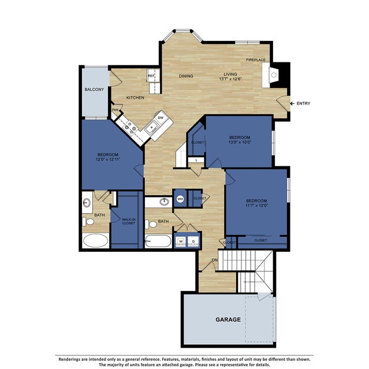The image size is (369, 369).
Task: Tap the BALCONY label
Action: click(x=94, y=90)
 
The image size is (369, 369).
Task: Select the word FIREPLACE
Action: click(x=256, y=59)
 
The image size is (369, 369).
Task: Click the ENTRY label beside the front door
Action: click(x=303, y=104)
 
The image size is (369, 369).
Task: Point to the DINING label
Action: click(x=186, y=76)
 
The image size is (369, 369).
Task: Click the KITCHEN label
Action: click(x=135, y=98)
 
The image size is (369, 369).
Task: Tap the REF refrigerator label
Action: click(x=151, y=76)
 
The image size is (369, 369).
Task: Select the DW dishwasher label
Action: click(x=161, y=118)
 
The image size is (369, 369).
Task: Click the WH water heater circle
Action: click(x=180, y=199)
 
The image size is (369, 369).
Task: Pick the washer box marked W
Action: click(x=181, y=240)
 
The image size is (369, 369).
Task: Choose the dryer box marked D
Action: click(x=193, y=240)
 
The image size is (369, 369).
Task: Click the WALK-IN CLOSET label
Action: click(x=128, y=221)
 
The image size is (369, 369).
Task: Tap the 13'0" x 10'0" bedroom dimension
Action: click(x=239, y=143)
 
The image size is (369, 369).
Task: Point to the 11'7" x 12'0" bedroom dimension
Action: click(x=255, y=205)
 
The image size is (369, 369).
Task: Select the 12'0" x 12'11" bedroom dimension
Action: click(x=107, y=161)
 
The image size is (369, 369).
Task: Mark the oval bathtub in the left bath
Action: click(x=95, y=240)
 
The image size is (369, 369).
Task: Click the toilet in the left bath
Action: click(x=87, y=221)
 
